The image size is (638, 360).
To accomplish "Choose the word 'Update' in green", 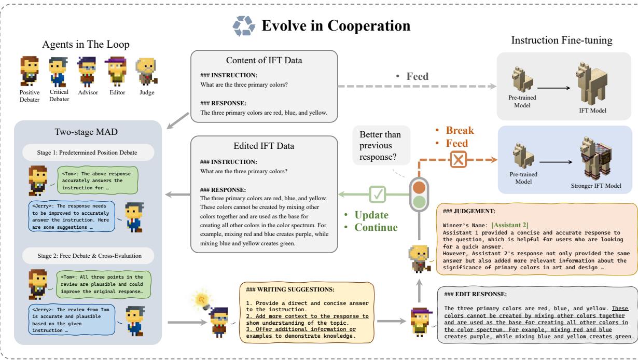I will (x=370, y=214).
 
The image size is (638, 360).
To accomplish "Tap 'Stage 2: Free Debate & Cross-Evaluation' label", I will (x=86, y=255).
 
